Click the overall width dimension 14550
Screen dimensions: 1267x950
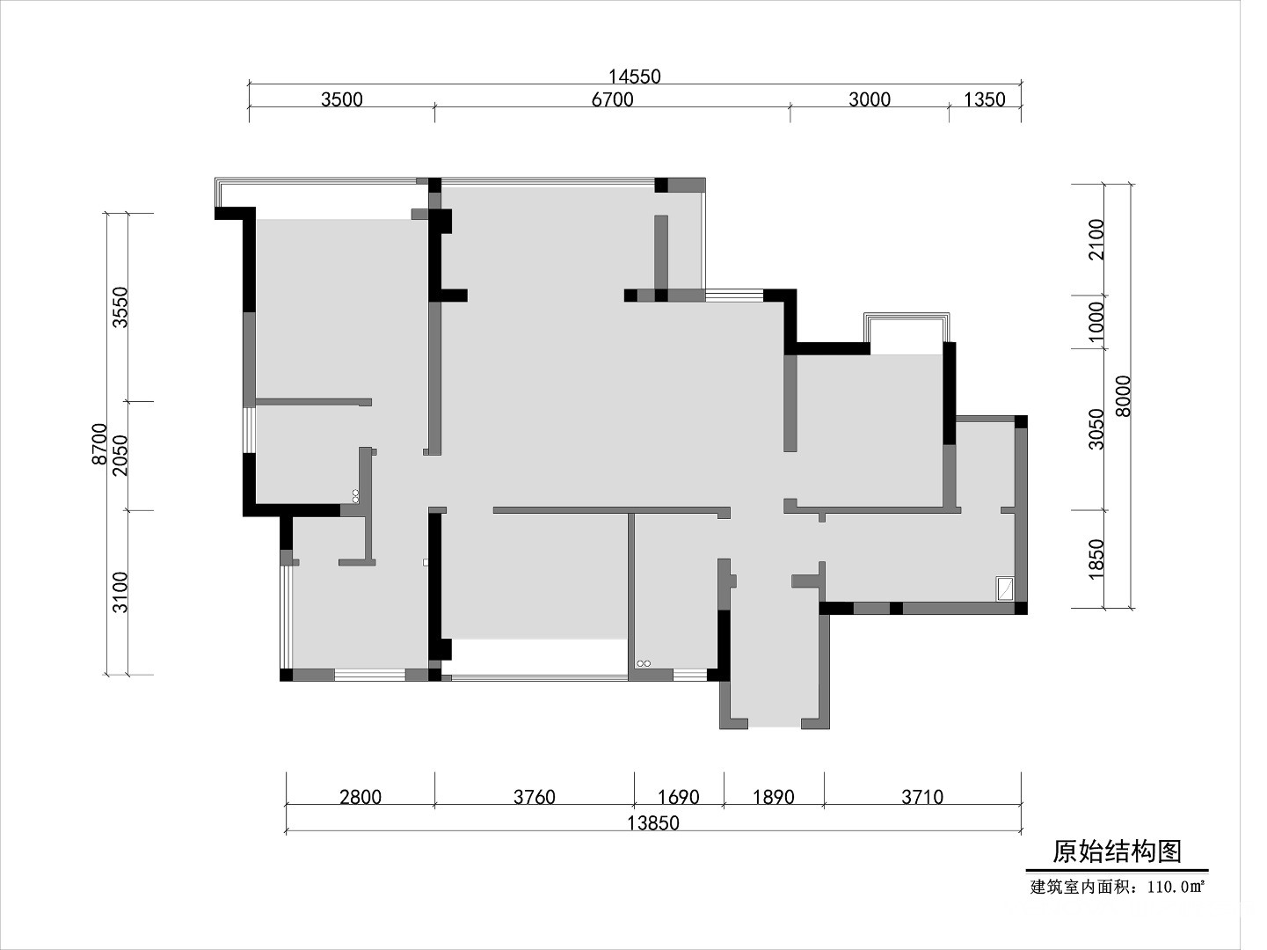click(634, 77)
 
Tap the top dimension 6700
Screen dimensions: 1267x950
click(612, 99)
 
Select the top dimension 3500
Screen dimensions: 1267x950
click(342, 99)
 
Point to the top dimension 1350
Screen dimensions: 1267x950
click(985, 99)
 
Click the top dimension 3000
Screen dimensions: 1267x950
click(870, 99)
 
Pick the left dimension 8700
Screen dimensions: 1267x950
click(99, 443)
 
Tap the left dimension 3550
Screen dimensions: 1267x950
click(120, 307)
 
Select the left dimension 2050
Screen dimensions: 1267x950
click(120, 455)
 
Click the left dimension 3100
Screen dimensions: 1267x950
click(120, 593)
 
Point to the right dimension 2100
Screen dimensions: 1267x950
click(1096, 239)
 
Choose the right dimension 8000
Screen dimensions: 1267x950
click(1124, 396)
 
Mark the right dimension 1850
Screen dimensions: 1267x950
click(1096, 559)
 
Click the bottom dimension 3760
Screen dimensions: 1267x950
click(535, 797)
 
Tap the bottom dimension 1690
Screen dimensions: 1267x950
click(679, 797)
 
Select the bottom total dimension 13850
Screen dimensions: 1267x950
click(653, 823)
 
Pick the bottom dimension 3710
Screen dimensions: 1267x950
click(922, 797)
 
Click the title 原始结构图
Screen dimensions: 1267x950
click(1117, 851)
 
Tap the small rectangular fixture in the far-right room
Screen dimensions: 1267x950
click(1005, 588)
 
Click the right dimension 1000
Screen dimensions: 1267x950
click(1096, 322)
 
